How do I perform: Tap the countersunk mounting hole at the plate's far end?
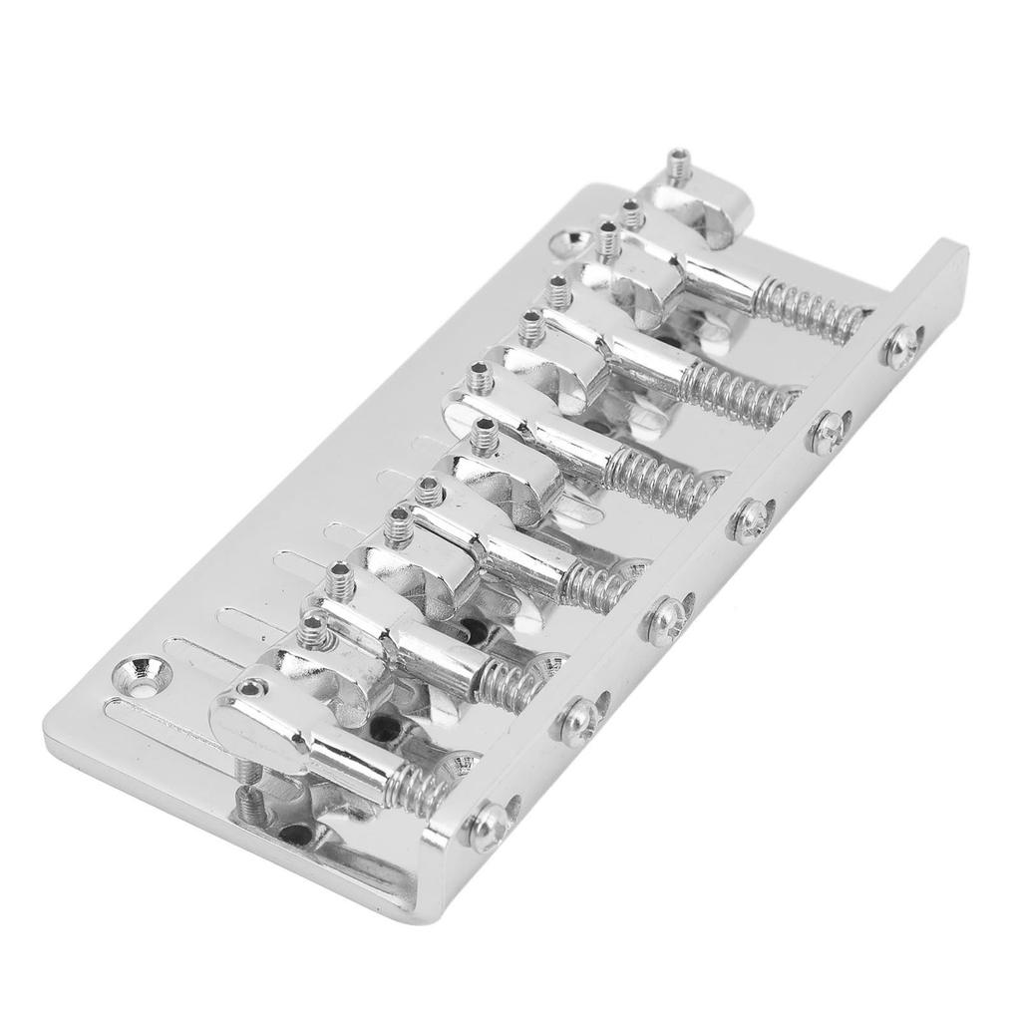pyautogui.click(x=576, y=240)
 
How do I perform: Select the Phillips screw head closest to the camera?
pyautogui.click(x=489, y=825)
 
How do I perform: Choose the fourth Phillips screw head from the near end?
pyautogui.click(x=750, y=516)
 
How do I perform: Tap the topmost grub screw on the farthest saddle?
pyautogui.click(x=680, y=163)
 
